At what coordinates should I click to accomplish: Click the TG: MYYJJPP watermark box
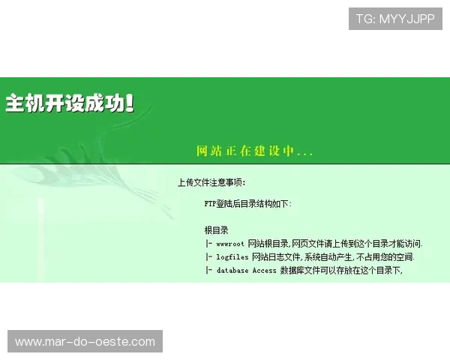click(395, 19)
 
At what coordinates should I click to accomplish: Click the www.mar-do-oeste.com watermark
click(85, 342)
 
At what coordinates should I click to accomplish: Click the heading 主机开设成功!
click(69, 103)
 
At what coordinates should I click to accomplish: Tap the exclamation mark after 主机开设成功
click(130, 103)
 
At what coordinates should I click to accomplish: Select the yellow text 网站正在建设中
click(244, 151)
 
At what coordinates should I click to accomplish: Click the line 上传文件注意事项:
click(211, 182)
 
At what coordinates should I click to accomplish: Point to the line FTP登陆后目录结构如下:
click(248, 203)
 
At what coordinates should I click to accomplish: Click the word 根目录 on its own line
click(216, 230)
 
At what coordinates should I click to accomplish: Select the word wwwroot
click(230, 244)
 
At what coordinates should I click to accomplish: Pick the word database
click(232, 271)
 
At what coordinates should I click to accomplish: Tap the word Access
click(264, 271)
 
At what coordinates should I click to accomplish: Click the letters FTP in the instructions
click(210, 203)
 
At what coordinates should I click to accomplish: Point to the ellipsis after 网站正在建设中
click(304, 153)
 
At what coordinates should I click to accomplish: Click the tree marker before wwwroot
click(208, 244)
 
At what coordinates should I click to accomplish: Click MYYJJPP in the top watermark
click(406, 19)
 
